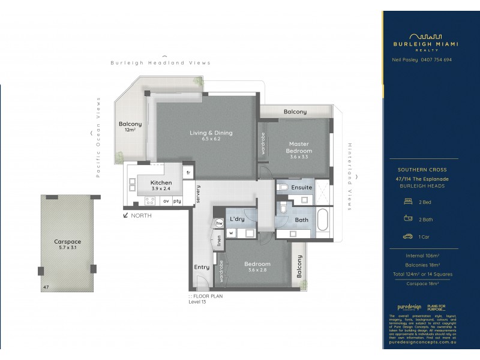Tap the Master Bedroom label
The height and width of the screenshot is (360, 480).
point(298,148)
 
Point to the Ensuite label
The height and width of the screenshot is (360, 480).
point(301,188)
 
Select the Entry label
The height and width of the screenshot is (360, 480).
point(201,267)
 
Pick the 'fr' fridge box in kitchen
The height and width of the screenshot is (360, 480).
point(188,173)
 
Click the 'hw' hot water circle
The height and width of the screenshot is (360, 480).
point(220,223)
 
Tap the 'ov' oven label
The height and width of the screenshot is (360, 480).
point(165,201)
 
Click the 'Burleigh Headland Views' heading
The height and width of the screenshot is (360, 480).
point(160,62)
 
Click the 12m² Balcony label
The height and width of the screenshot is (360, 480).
point(130,127)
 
